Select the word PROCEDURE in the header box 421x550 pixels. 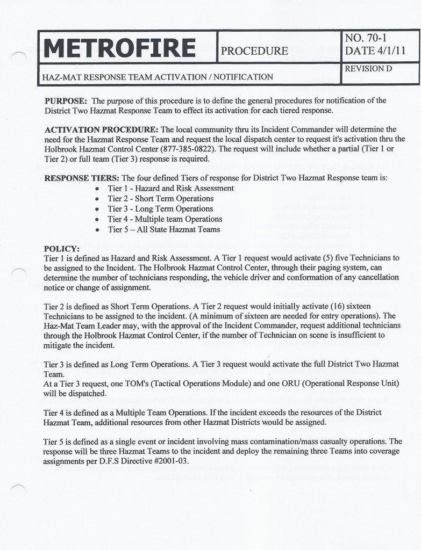(x=254, y=51)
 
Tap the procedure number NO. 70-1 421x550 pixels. (x=366, y=38)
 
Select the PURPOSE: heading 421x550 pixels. (x=66, y=100)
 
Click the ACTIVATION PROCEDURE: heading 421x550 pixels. (x=101, y=129)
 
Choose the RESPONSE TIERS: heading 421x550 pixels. (x=82, y=178)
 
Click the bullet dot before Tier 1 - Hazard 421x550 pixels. (x=96, y=189)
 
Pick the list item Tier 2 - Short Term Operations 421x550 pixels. (x=160, y=198)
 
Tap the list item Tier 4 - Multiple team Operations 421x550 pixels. (x=165, y=219)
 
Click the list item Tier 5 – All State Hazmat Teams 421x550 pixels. (x=163, y=229)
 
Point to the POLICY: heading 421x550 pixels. (x=62, y=249)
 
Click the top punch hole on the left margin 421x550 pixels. (x=19, y=59)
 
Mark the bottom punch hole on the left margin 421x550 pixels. (x=18, y=491)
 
